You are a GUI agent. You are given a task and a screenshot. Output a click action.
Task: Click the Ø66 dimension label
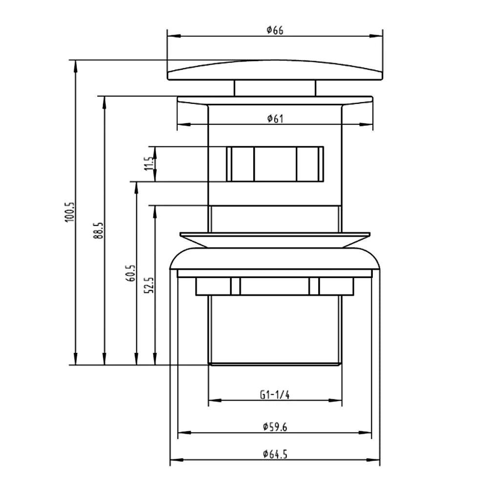[275, 30]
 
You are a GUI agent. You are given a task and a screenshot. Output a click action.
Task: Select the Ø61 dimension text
[275, 119]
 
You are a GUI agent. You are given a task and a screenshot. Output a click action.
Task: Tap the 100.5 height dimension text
[70, 212]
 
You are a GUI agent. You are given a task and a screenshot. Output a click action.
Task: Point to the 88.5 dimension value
[99, 230]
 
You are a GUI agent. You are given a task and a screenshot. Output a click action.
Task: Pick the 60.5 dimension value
[131, 273]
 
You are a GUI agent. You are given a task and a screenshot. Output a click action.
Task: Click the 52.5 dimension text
[149, 285]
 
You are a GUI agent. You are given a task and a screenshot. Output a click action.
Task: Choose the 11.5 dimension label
[149, 163]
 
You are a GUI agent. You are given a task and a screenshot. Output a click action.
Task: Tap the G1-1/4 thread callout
[275, 395]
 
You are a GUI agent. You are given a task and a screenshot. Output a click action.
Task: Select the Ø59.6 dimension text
[275, 427]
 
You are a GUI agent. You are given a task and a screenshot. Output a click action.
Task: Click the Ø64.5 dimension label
[275, 454]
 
